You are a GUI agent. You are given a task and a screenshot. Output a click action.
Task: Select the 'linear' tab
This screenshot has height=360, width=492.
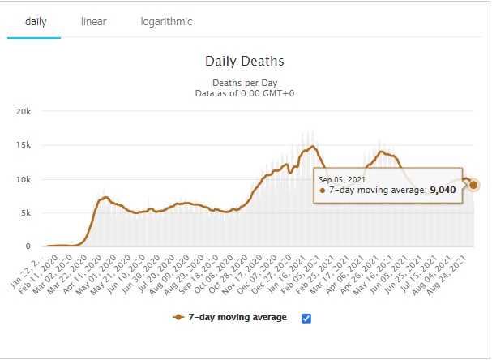[93, 21]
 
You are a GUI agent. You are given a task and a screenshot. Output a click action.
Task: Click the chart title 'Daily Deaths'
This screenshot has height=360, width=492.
[244, 61]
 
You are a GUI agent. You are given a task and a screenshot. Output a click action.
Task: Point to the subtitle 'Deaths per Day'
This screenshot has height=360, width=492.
[244, 83]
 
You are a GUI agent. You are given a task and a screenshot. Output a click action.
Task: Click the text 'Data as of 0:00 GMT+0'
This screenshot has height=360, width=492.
[244, 93]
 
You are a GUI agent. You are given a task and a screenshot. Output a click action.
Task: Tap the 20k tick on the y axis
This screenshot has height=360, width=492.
[24, 111]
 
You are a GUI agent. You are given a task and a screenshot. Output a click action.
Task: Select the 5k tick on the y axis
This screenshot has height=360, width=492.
[26, 213]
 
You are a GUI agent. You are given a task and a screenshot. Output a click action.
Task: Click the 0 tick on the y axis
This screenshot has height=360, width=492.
[29, 246]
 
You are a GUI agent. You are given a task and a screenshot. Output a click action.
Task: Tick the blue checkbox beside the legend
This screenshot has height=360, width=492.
[306, 318]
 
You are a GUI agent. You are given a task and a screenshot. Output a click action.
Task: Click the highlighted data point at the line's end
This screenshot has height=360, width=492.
[473, 185]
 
